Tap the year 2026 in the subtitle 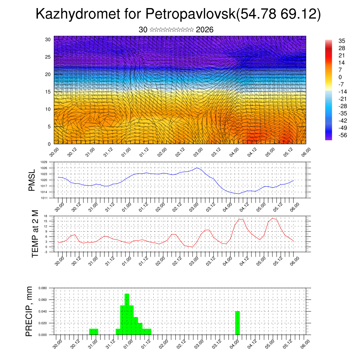(205, 30)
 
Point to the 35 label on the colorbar (341, 41)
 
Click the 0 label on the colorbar (340, 77)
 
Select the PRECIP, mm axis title (29, 311)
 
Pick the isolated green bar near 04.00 (237, 323)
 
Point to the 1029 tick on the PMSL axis (44, 162)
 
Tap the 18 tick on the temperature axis (45, 216)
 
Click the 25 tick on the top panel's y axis (48, 57)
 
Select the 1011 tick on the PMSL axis (44, 198)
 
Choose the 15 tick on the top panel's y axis (48, 92)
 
